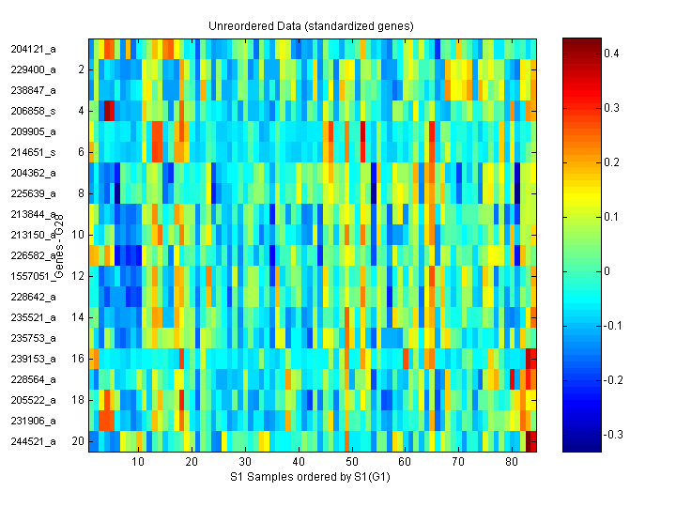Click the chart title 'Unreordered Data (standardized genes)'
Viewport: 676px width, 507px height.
point(310,24)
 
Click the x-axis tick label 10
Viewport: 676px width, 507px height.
point(138,463)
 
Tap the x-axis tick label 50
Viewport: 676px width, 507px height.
point(351,463)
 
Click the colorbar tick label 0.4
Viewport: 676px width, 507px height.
point(611,54)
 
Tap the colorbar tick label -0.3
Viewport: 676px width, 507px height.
point(613,435)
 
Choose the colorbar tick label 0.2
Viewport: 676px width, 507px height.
point(611,162)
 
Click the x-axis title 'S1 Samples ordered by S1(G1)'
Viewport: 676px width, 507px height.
point(312,478)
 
